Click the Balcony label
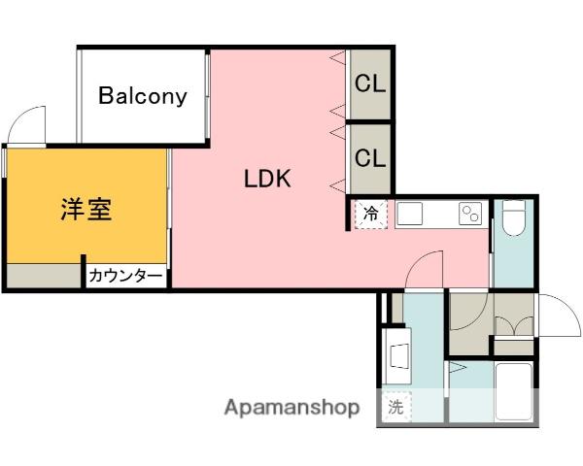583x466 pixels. click(143, 96)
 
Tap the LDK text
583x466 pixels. click(267, 179)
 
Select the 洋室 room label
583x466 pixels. click(86, 210)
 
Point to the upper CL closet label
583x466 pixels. click(370, 83)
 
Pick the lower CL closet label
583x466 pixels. click(370, 157)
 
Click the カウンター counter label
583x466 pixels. click(125, 276)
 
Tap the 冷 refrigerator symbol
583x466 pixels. click(371, 214)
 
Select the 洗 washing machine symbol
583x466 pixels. click(396, 407)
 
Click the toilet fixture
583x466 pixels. click(513, 217)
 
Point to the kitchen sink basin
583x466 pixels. click(409, 214)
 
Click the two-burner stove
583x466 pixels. click(470, 214)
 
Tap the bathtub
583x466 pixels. click(514, 391)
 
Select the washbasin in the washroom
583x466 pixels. click(398, 356)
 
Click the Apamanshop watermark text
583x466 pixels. click(292, 408)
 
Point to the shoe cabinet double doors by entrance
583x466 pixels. click(515, 326)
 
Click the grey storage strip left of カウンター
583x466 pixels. click(44, 276)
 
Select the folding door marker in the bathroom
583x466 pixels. click(457, 368)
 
